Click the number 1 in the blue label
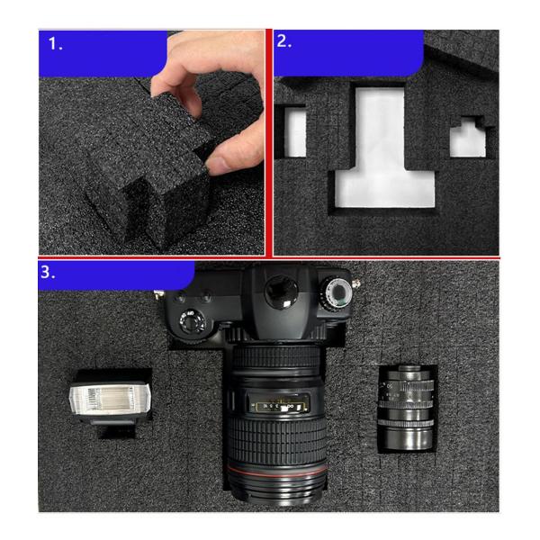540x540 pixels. tap(56, 43)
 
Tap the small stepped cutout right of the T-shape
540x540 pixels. tap(471, 139)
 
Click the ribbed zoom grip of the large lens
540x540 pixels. tap(274, 445)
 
